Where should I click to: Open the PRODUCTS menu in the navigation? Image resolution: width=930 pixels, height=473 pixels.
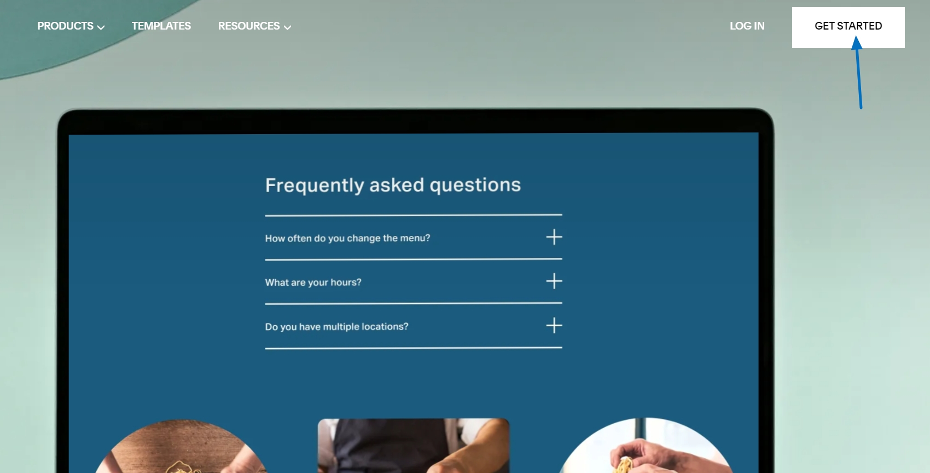point(71,26)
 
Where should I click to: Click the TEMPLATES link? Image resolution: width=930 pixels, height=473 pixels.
point(161,26)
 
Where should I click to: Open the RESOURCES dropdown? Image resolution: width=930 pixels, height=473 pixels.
point(254,26)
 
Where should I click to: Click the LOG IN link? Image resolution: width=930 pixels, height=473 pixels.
point(747,26)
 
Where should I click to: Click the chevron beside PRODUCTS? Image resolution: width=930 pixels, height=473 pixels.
point(101,27)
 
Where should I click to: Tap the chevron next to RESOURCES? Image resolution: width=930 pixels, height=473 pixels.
point(287,27)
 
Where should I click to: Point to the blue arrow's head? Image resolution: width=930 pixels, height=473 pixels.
point(856,42)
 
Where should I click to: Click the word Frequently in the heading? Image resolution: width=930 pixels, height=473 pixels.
point(315,186)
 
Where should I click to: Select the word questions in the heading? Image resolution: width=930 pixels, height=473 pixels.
point(475,186)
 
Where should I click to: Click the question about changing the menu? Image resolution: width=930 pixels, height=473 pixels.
point(347,238)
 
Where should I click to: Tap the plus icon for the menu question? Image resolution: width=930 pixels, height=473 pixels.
point(554,238)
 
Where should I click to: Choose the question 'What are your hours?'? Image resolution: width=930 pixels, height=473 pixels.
point(313,282)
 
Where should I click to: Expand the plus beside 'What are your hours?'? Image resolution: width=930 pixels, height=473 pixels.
point(554,281)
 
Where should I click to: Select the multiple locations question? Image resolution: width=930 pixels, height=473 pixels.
point(336,327)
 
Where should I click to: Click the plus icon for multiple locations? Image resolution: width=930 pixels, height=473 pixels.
point(554,325)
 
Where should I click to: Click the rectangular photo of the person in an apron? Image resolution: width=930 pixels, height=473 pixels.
point(414,446)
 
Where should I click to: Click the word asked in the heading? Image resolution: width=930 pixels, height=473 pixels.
point(397,186)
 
